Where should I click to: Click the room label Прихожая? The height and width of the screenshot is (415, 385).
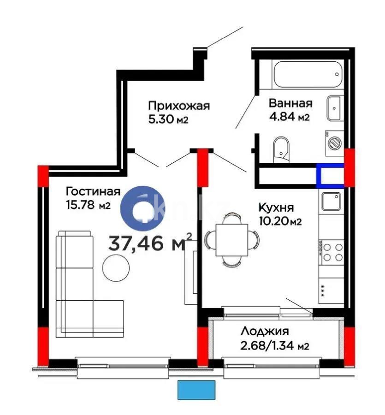(x=179, y=106)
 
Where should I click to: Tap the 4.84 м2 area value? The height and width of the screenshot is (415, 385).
(x=289, y=117)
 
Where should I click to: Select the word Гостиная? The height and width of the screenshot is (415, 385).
(x=93, y=191)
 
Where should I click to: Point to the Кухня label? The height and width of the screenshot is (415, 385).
(x=276, y=208)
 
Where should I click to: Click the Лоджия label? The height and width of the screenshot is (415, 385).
(x=265, y=331)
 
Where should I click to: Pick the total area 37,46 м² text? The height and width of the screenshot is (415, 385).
(x=150, y=243)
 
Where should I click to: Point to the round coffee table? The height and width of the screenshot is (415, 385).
(x=116, y=268)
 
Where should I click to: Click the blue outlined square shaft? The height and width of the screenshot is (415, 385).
(x=330, y=176)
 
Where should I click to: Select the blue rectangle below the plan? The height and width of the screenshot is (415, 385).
(x=196, y=390)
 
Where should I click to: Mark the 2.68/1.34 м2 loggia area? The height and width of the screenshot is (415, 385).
(x=274, y=346)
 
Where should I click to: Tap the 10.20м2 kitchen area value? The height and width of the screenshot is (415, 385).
(x=280, y=222)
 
